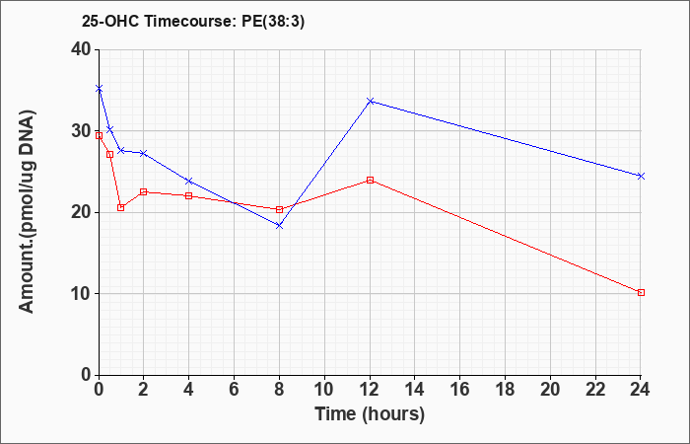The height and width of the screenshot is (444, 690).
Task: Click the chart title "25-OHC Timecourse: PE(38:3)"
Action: click(x=193, y=22)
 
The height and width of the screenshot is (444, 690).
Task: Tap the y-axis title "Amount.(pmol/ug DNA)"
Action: click(x=28, y=212)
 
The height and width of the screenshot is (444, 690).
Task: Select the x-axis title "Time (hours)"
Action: click(x=370, y=414)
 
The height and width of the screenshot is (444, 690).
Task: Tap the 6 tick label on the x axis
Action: click(x=234, y=390)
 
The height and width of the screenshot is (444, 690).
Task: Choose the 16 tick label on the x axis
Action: click(x=459, y=390)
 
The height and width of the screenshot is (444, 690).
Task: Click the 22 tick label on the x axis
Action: click(x=595, y=390)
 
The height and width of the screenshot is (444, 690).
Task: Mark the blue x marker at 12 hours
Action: click(x=370, y=102)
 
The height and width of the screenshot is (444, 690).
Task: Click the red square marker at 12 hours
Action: click(x=370, y=181)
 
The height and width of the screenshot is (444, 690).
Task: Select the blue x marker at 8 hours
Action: click(x=279, y=226)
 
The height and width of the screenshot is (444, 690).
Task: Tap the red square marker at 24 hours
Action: click(x=641, y=292)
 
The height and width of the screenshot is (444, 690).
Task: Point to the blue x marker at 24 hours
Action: click(x=641, y=177)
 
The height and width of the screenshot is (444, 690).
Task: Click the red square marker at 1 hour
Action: click(x=121, y=208)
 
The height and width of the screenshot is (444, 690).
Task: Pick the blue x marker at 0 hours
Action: click(x=99, y=89)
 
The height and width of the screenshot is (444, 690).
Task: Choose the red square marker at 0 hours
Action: click(x=99, y=136)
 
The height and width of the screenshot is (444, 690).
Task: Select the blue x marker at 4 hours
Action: click(x=189, y=181)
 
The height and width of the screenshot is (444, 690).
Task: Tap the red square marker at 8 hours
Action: click(x=279, y=209)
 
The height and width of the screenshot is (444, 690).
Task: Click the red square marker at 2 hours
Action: click(x=144, y=192)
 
